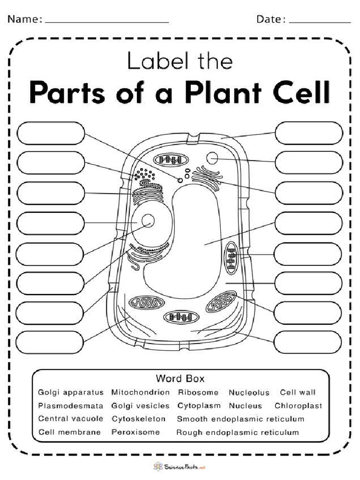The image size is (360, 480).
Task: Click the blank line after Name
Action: (107, 22)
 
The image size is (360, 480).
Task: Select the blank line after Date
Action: (320, 22)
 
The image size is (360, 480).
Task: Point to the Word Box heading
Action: (180, 378)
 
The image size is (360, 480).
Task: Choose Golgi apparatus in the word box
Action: (71, 392)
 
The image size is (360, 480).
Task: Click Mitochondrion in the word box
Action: (141, 392)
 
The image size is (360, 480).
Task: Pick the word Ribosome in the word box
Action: (198, 392)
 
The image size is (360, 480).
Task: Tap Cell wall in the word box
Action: (298, 392)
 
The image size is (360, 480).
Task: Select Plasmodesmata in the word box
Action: (70, 405)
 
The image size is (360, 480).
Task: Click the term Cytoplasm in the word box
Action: (199, 405)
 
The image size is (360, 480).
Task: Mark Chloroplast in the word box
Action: (299, 405)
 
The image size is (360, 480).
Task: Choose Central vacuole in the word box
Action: (70, 419)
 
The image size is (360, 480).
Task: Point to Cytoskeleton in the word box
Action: (139, 419)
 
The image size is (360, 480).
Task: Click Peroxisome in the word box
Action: (135, 432)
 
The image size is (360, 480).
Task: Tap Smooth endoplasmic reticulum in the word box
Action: (240, 419)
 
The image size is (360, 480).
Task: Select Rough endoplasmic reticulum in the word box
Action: (237, 432)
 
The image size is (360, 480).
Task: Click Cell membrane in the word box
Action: (69, 432)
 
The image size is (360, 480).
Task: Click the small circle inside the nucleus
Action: (149, 220)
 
